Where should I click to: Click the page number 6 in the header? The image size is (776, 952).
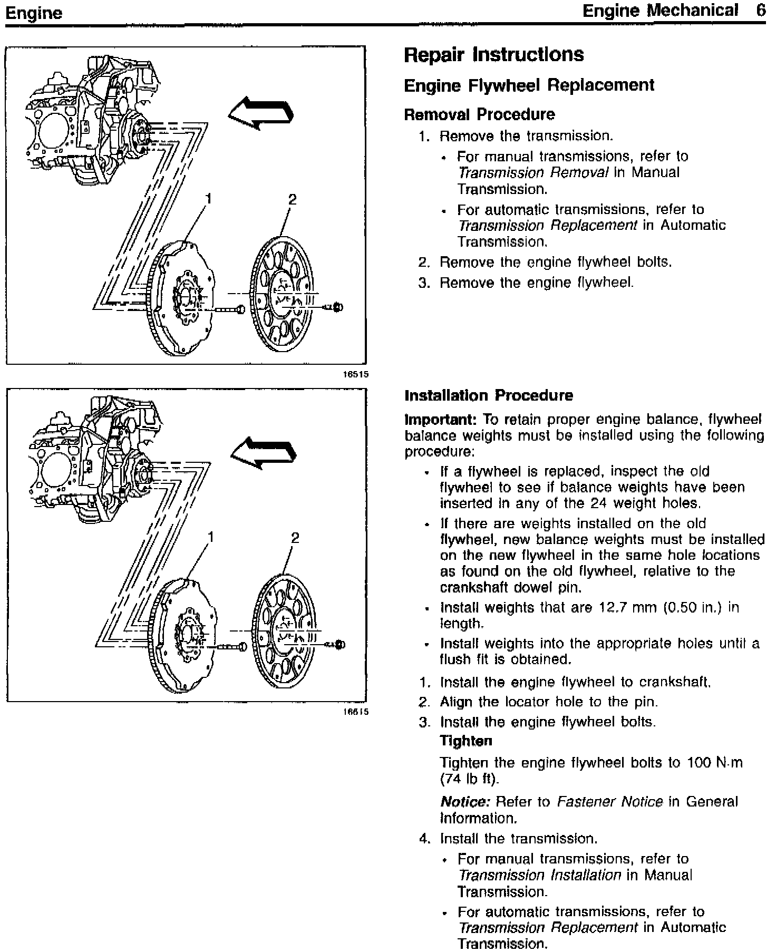click(760, 11)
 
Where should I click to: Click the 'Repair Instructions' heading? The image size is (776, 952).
click(493, 55)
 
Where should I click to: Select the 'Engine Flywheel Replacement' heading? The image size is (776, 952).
click(529, 85)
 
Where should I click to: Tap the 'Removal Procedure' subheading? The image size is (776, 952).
click(479, 114)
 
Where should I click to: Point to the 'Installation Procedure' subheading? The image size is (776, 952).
click(489, 395)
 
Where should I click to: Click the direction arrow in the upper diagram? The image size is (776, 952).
click(260, 113)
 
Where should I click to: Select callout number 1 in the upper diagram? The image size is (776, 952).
click(209, 199)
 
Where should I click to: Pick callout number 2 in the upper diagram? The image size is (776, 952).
click(292, 199)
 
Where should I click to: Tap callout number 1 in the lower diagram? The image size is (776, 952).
click(211, 537)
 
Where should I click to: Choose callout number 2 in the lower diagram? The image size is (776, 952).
click(295, 538)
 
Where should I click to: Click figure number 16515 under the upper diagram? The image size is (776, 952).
click(356, 374)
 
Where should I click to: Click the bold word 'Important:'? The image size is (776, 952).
click(440, 420)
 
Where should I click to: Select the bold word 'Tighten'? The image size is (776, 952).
click(465, 741)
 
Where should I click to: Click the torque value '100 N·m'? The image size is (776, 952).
click(714, 763)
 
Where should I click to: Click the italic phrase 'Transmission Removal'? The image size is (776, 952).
click(532, 173)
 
